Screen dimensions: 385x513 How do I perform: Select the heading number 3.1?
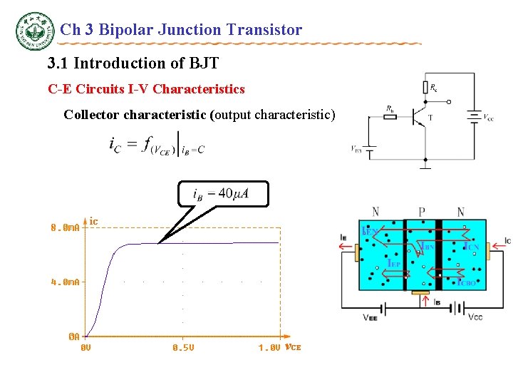click(58, 63)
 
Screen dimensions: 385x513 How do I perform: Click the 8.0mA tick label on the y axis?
click(65, 228)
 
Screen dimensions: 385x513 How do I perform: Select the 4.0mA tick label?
click(65, 282)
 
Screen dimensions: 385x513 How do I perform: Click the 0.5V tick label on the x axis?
click(183, 348)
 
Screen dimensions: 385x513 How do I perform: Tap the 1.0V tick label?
click(269, 348)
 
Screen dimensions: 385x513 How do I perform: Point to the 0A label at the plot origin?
click(73, 336)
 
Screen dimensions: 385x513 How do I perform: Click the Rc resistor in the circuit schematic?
click(425, 88)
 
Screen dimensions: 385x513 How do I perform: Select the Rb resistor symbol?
click(390, 116)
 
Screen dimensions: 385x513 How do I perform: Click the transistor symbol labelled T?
click(420, 118)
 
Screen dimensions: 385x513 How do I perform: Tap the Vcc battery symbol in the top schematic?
click(473, 115)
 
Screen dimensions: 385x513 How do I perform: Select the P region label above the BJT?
click(421, 212)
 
